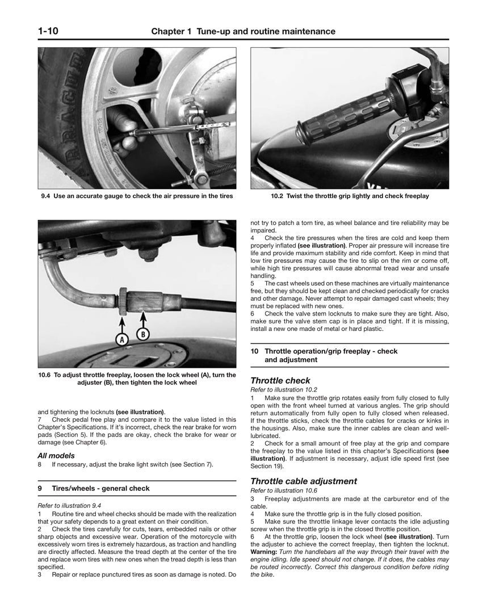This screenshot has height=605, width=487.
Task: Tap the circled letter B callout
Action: click(143, 334)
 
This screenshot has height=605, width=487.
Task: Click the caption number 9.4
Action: click(46, 196)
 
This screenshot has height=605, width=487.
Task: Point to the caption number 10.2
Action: click(278, 196)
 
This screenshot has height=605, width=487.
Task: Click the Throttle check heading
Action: click(280, 381)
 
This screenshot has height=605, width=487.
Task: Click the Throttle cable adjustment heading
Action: click(304, 481)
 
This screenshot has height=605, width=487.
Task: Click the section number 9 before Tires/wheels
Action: click(40, 488)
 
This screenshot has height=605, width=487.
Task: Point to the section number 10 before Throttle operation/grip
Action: click(255, 351)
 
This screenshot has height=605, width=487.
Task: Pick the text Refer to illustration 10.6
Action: click(284, 490)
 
